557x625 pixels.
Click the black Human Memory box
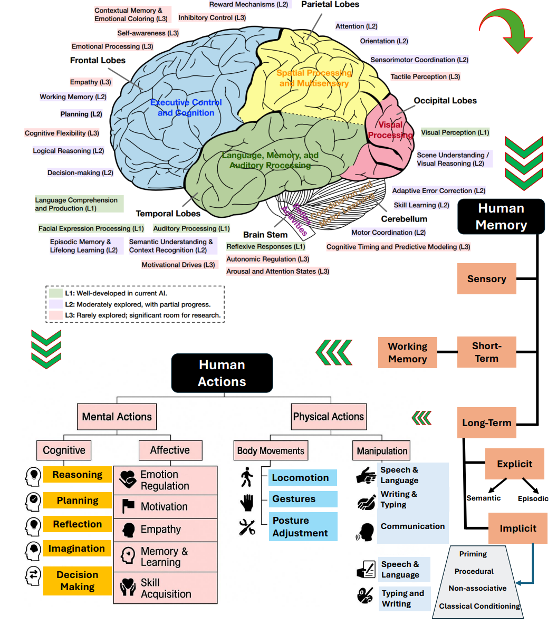[x=501, y=216]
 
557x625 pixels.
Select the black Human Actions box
[x=222, y=373]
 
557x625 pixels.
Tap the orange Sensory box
[x=486, y=279]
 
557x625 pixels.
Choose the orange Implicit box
[x=517, y=528]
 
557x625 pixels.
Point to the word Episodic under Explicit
[x=533, y=498]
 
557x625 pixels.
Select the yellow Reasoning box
[x=78, y=475]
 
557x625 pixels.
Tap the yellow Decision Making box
[x=78, y=581]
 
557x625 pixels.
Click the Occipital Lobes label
[x=445, y=101]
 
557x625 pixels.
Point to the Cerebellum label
[x=404, y=219]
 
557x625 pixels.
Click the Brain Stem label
[x=265, y=235]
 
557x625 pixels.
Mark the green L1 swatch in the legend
[x=56, y=293]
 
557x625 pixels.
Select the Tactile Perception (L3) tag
[x=425, y=77]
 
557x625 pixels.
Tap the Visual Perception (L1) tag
[x=455, y=132]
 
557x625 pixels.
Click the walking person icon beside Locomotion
[x=246, y=477]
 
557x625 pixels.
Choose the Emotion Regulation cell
[x=165, y=480]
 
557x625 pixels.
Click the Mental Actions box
[x=117, y=417]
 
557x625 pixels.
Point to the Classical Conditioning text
[x=479, y=606]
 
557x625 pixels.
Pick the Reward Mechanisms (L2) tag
[x=248, y=4]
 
